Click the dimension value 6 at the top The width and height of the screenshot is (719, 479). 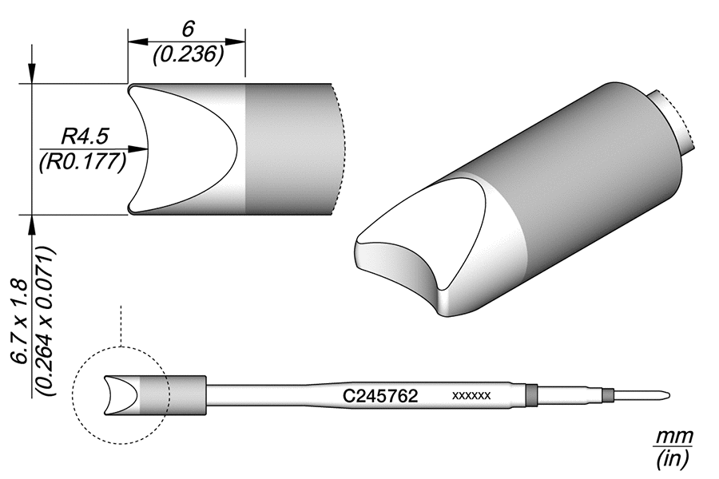pos(189,30)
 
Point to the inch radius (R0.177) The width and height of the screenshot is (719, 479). pos(81,162)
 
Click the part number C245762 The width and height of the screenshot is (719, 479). pos(380,396)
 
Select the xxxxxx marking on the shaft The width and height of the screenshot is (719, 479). pos(471,396)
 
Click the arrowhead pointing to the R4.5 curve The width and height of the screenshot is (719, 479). pos(143,148)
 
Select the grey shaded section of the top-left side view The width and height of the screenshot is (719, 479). pos(288,148)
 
